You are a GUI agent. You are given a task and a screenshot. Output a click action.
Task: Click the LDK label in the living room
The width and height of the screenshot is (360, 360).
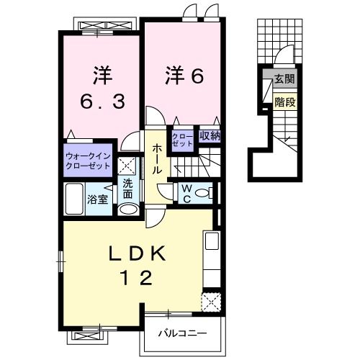(139, 253)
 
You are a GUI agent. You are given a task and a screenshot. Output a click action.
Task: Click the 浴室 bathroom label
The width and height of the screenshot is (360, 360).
(98, 199)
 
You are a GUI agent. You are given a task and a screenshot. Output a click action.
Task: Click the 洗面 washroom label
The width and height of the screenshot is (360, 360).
(128, 188)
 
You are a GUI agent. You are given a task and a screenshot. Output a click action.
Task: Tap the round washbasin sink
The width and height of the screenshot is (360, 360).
(128, 208)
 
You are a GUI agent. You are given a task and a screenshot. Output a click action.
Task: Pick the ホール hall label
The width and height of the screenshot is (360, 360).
(156, 158)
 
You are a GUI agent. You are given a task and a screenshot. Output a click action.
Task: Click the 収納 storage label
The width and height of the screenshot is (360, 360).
(210, 135)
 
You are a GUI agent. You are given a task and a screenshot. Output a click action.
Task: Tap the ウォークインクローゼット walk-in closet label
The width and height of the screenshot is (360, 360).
(87, 160)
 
